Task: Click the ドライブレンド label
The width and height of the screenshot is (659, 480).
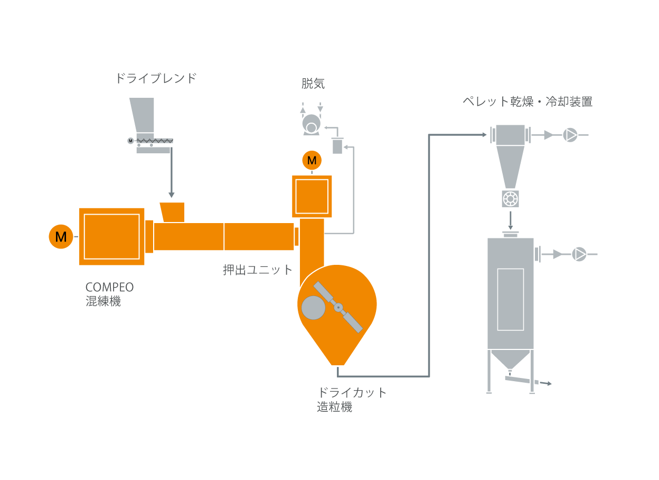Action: click(x=156, y=78)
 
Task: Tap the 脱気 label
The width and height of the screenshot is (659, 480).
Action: click(x=313, y=84)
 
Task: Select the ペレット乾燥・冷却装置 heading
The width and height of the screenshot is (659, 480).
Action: click(x=528, y=101)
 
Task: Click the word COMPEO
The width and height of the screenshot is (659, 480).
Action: click(x=109, y=288)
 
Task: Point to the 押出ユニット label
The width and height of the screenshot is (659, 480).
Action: click(x=258, y=270)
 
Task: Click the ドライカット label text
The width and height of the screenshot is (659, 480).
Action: click(x=352, y=393)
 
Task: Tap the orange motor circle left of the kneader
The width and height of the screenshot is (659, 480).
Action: click(x=61, y=237)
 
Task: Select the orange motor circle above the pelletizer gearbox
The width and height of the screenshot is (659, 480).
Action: click(x=312, y=161)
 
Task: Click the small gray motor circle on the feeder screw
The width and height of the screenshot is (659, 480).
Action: click(x=130, y=141)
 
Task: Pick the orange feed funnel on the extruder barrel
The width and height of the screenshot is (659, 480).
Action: click(x=173, y=212)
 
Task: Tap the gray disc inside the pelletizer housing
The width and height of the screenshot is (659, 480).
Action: click(x=314, y=308)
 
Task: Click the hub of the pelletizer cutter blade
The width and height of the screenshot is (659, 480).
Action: click(x=338, y=308)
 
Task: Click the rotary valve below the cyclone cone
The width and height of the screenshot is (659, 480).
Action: click(x=511, y=199)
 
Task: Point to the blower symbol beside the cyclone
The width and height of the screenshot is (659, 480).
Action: click(x=570, y=135)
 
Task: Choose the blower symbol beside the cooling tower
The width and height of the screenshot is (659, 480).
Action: click(x=579, y=254)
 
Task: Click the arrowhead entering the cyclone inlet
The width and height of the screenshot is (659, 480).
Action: click(x=485, y=135)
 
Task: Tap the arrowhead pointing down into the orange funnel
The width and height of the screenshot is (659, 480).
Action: click(x=172, y=195)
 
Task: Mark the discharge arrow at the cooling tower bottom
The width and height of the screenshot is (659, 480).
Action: click(x=546, y=383)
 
